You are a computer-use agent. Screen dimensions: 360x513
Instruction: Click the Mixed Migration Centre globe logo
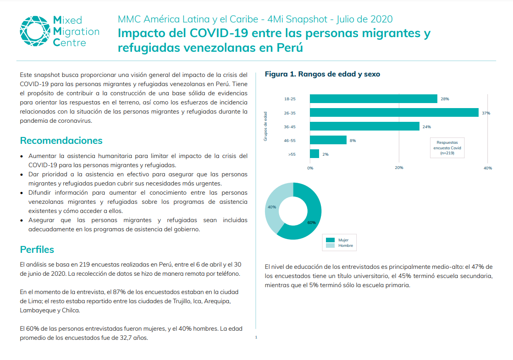(x=34, y=31)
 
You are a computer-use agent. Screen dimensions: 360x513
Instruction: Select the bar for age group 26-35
(x=394, y=113)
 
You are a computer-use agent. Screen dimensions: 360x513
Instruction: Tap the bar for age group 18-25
(x=373, y=99)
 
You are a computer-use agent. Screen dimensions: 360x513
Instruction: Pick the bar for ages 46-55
(x=328, y=140)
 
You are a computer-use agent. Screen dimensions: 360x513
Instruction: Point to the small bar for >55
(x=314, y=154)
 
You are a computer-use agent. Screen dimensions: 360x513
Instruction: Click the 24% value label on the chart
(x=426, y=127)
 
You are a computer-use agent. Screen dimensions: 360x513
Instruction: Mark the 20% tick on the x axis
(x=399, y=168)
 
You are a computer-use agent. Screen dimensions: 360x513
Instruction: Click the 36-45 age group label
(x=289, y=127)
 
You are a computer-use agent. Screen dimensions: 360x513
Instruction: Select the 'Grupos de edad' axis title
(x=265, y=126)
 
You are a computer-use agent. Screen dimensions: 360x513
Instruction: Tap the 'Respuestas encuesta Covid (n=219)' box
(x=447, y=148)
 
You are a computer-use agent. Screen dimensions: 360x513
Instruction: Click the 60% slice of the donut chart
(x=307, y=220)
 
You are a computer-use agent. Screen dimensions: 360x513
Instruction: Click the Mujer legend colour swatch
(x=330, y=240)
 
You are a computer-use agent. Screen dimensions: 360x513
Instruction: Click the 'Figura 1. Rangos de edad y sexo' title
(x=322, y=74)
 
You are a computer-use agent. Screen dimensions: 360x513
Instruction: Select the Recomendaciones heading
(x=61, y=141)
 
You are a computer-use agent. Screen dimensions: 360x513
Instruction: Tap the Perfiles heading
(x=37, y=250)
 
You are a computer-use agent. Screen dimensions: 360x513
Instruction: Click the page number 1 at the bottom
(x=256, y=337)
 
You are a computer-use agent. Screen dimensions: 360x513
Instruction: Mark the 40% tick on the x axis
(x=488, y=168)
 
